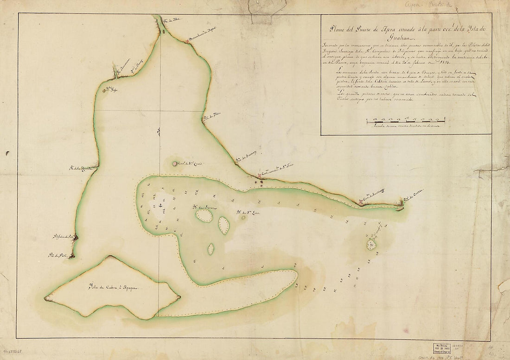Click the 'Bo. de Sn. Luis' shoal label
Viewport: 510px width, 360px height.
pos(246,213)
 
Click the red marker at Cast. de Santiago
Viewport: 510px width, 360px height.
pos(361,202)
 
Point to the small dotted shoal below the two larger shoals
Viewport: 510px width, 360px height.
pos(211,249)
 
